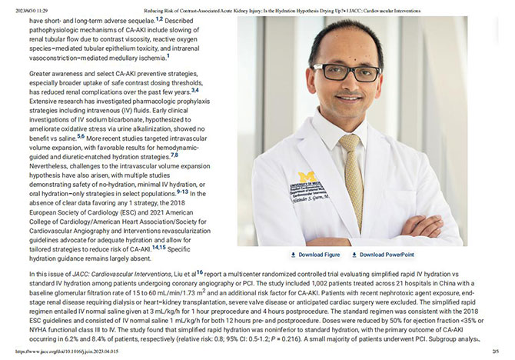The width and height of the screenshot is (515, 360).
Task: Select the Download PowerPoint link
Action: pos(387,254)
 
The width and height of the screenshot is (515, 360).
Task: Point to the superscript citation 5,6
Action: pos(81,135)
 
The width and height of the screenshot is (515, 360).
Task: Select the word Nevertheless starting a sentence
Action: pos(54,165)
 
